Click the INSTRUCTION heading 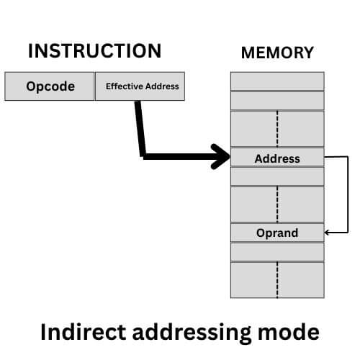[94, 51]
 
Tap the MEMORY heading [277, 53]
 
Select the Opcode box [50, 86]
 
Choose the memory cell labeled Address [277, 158]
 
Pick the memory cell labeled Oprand [277, 233]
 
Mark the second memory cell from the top [277, 99]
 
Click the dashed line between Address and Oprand [277, 204]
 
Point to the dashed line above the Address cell [277, 129]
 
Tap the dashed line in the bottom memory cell [277, 279]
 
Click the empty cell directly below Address [277, 176]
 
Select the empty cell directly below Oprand [277, 251]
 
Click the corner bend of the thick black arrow [142, 155]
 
